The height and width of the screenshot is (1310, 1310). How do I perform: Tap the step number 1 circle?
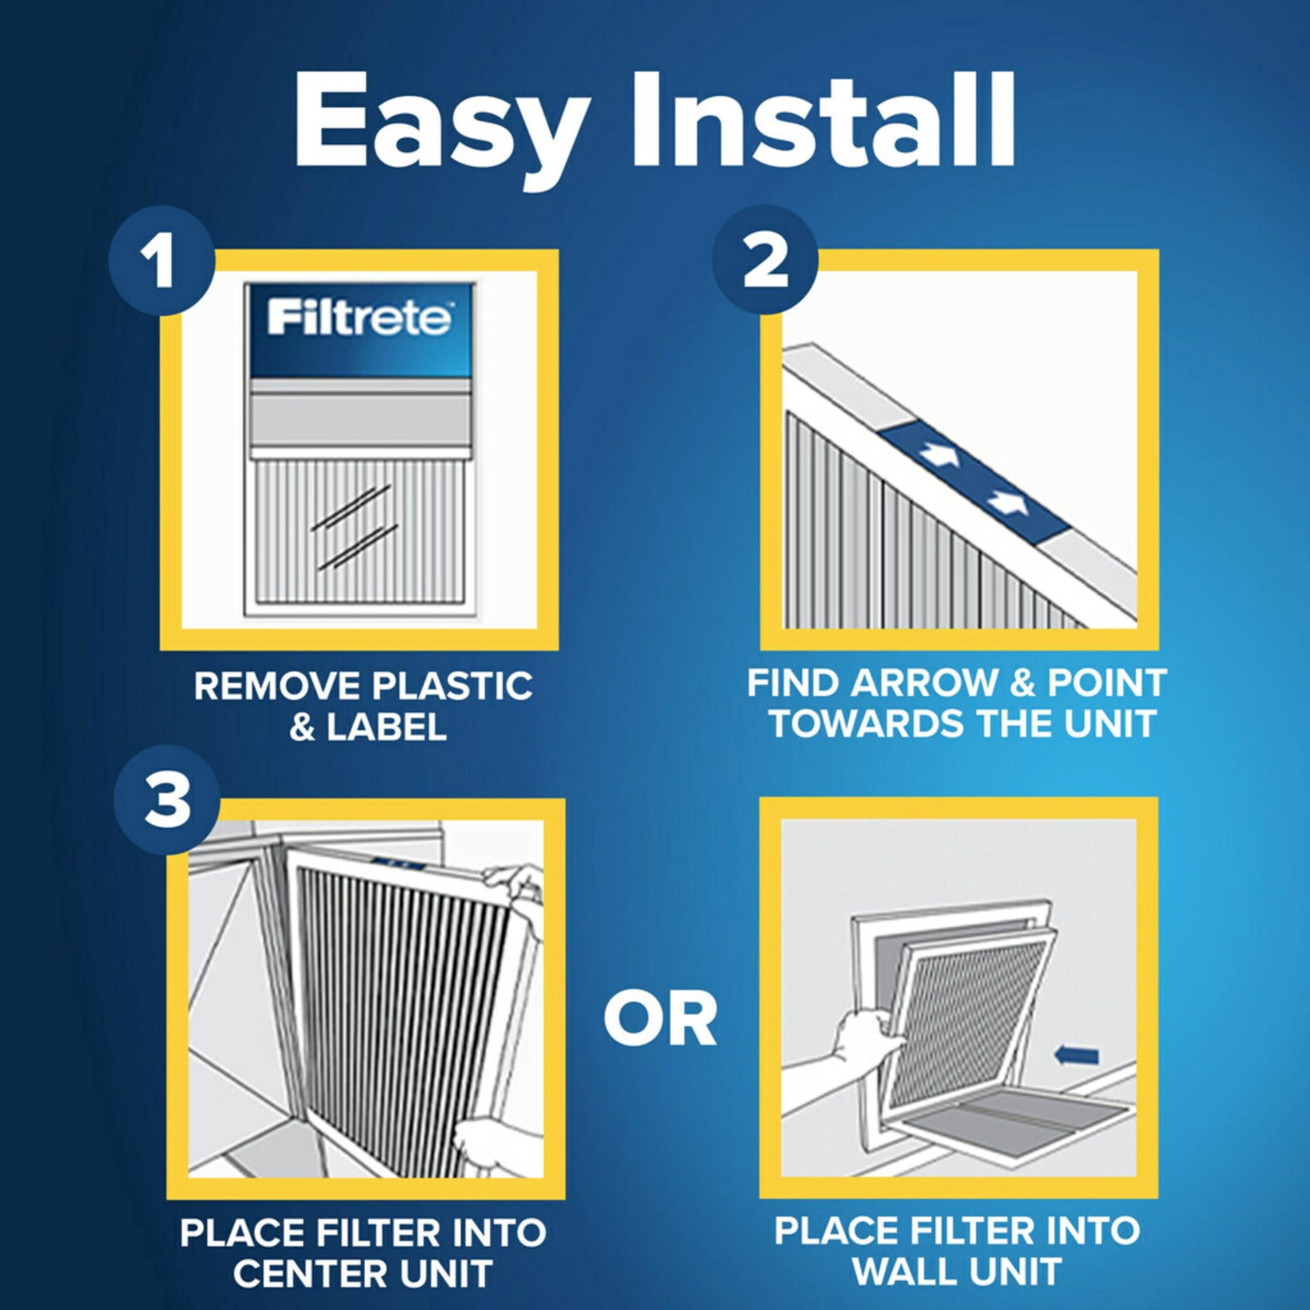coord(161,263)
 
